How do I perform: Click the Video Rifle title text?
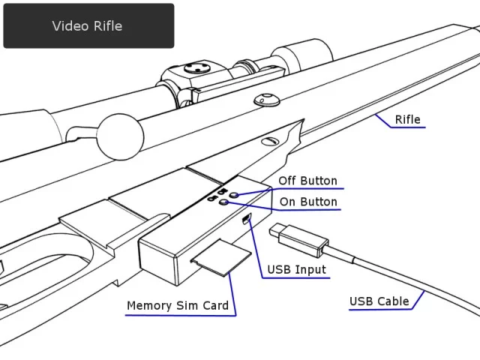coord(87,26)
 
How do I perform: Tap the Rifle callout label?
coord(407,119)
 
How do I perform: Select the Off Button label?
coord(307,181)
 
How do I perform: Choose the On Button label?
coord(307,202)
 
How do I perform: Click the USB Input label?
coord(297,270)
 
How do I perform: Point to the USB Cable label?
coord(379,301)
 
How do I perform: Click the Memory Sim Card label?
coord(177,305)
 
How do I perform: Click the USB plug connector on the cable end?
coord(301,237)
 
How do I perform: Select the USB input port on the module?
coord(247,218)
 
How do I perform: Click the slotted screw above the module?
coord(271,140)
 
